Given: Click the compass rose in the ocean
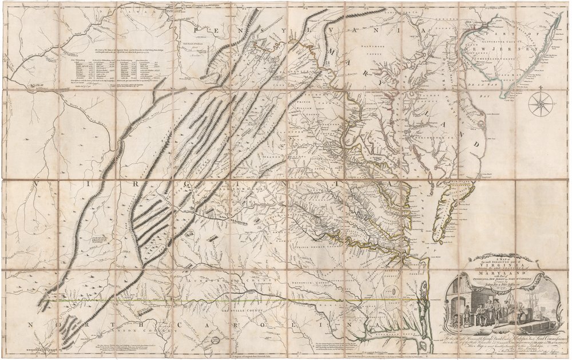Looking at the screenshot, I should (539, 104).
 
